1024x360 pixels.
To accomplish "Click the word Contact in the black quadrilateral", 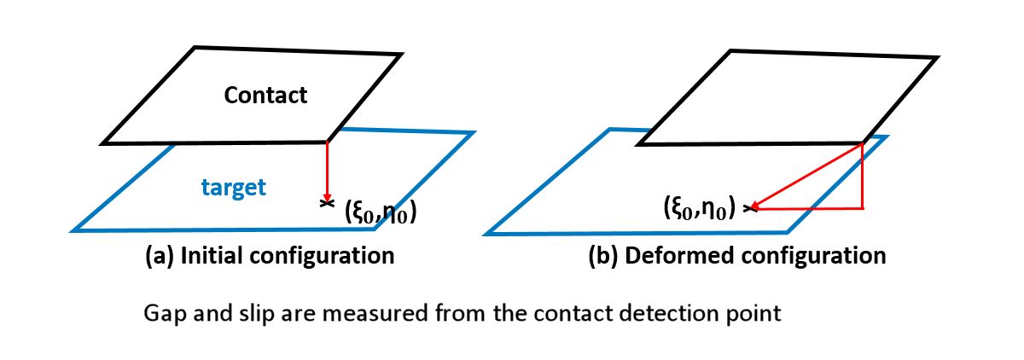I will (x=265, y=95).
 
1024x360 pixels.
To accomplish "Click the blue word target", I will (x=235, y=188).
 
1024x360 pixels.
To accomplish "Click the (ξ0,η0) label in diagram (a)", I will (x=380, y=211).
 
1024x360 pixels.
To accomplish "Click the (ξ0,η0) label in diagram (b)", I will (x=700, y=206).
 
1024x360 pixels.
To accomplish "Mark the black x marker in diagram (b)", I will (x=748, y=207).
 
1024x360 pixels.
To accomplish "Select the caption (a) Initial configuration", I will (x=271, y=255).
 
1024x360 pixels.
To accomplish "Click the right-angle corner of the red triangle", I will (x=864, y=207).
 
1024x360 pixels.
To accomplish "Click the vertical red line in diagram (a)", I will (x=327, y=166).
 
